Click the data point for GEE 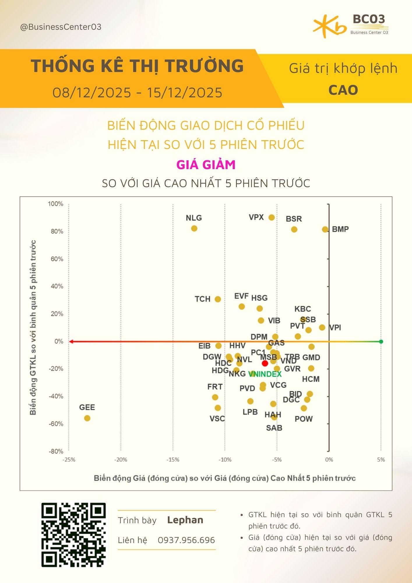pyautogui.click(x=87, y=418)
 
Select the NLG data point pyautogui.click(x=194, y=229)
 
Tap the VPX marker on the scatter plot pyautogui.click(x=272, y=217)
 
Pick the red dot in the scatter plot pyautogui.click(x=265, y=364)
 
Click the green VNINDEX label pyautogui.click(x=265, y=374)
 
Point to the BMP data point pyautogui.click(x=325, y=229)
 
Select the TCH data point pyautogui.click(x=218, y=299)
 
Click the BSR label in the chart pyautogui.click(x=294, y=219)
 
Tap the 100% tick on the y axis pyautogui.click(x=55, y=204)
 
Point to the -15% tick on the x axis pyautogui.click(x=173, y=460)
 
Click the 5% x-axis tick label pyautogui.click(x=381, y=460)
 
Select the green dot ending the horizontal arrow pyautogui.click(x=381, y=341)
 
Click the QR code pyautogui.click(x=73, y=535)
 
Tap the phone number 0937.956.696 pyautogui.click(x=186, y=540)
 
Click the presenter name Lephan pyautogui.click(x=185, y=520)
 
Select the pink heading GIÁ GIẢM pyautogui.click(x=206, y=165)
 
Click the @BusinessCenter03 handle pyautogui.click(x=61, y=27)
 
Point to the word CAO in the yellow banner pyautogui.click(x=343, y=90)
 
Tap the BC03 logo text pyautogui.click(x=369, y=19)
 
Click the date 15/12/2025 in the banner pyautogui.click(x=185, y=93)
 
